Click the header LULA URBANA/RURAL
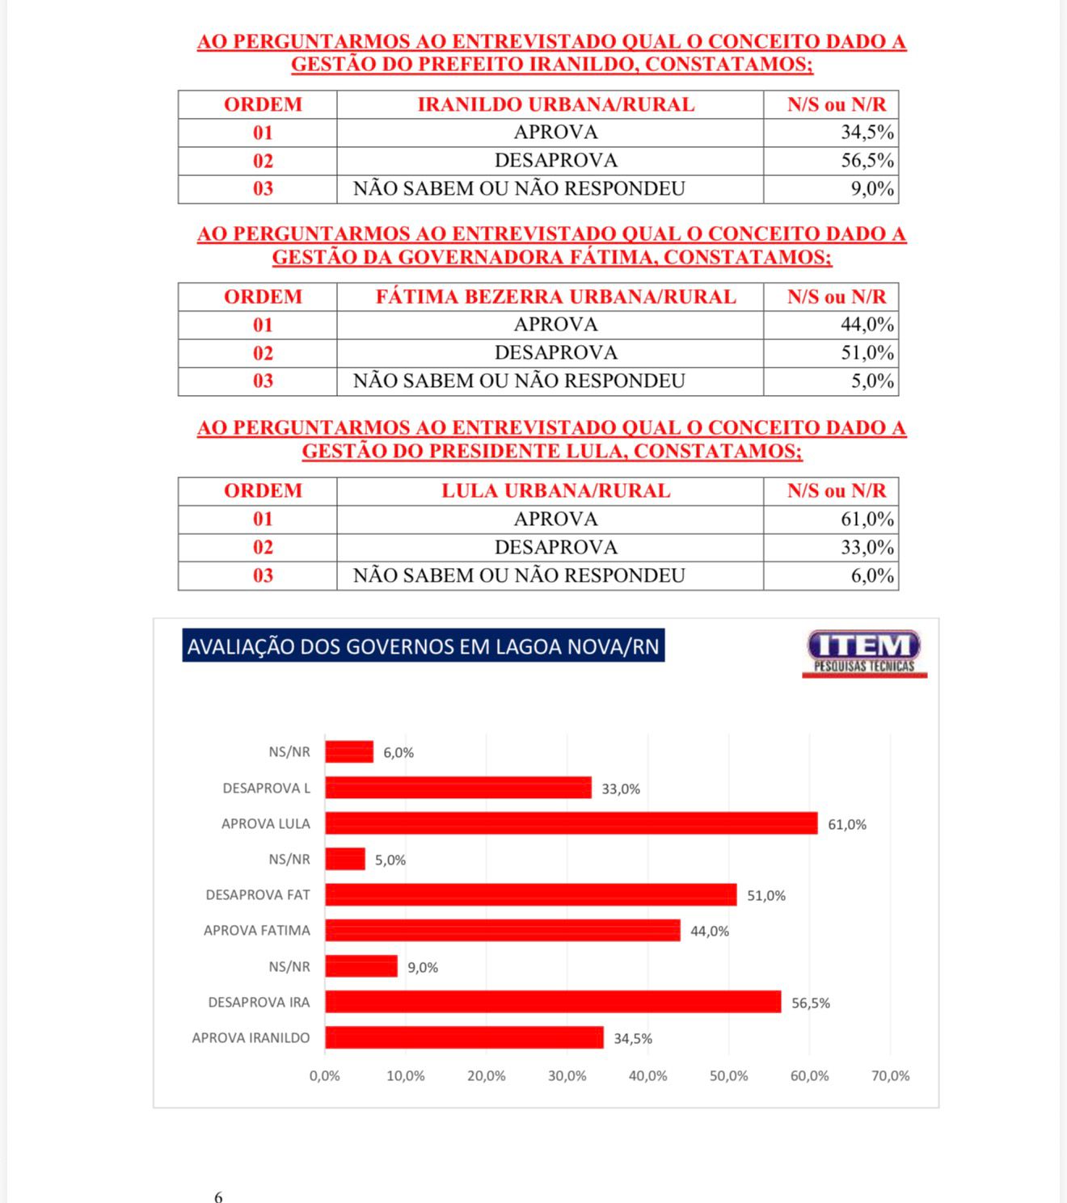(x=555, y=491)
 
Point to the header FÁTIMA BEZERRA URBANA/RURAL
(x=555, y=297)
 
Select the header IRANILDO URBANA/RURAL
(x=555, y=105)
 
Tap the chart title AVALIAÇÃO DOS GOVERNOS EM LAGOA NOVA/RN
(x=424, y=646)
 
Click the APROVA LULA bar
(x=571, y=823)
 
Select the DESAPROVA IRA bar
(x=553, y=1002)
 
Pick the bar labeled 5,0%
(x=345, y=859)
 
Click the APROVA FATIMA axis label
(x=256, y=931)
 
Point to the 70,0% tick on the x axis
(x=890, y=1076)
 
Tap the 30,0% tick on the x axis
(x=567, y=1076)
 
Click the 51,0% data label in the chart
(x=765, y=895)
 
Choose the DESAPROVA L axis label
(x=266, y=788)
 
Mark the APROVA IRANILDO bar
(x=464, y=1037)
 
